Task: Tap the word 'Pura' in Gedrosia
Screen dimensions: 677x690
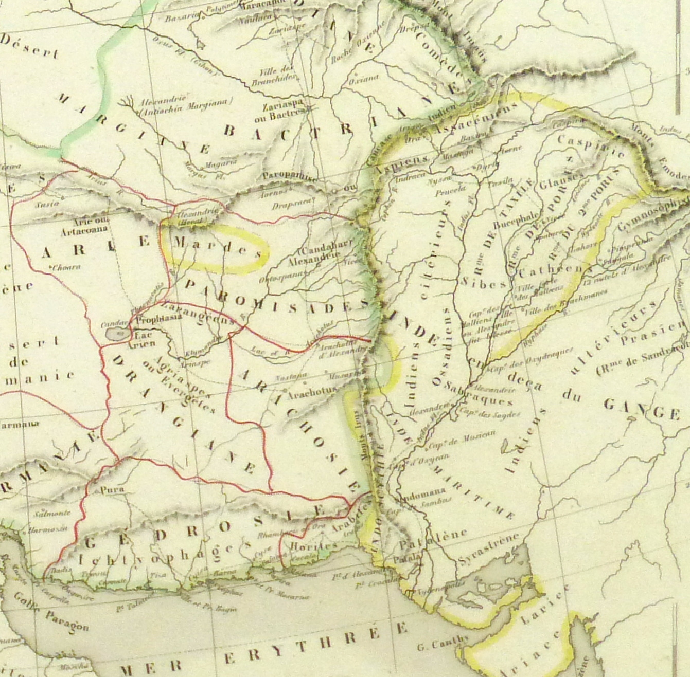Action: [x=112, y=490]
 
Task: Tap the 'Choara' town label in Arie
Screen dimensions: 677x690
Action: [x=66, y=267]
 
